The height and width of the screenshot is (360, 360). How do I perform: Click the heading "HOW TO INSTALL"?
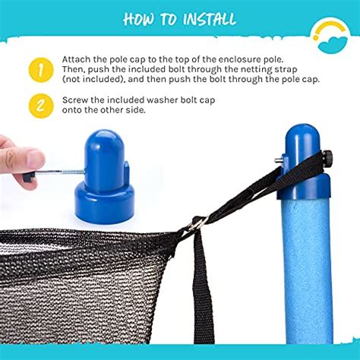(179, 18)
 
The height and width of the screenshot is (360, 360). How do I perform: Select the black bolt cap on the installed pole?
(329, 158)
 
